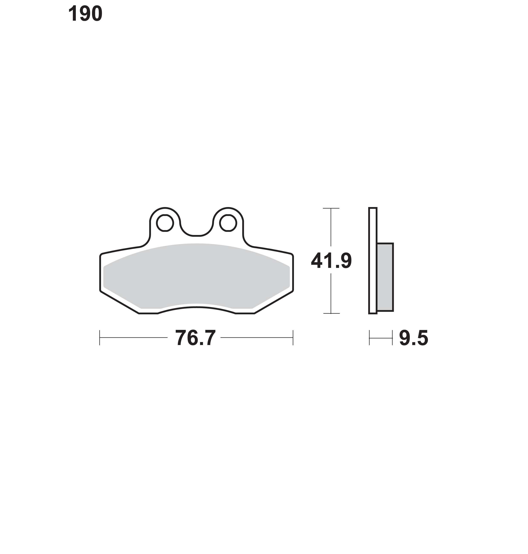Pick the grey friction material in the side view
coord(385,277)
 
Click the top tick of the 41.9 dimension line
coord(331,208)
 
